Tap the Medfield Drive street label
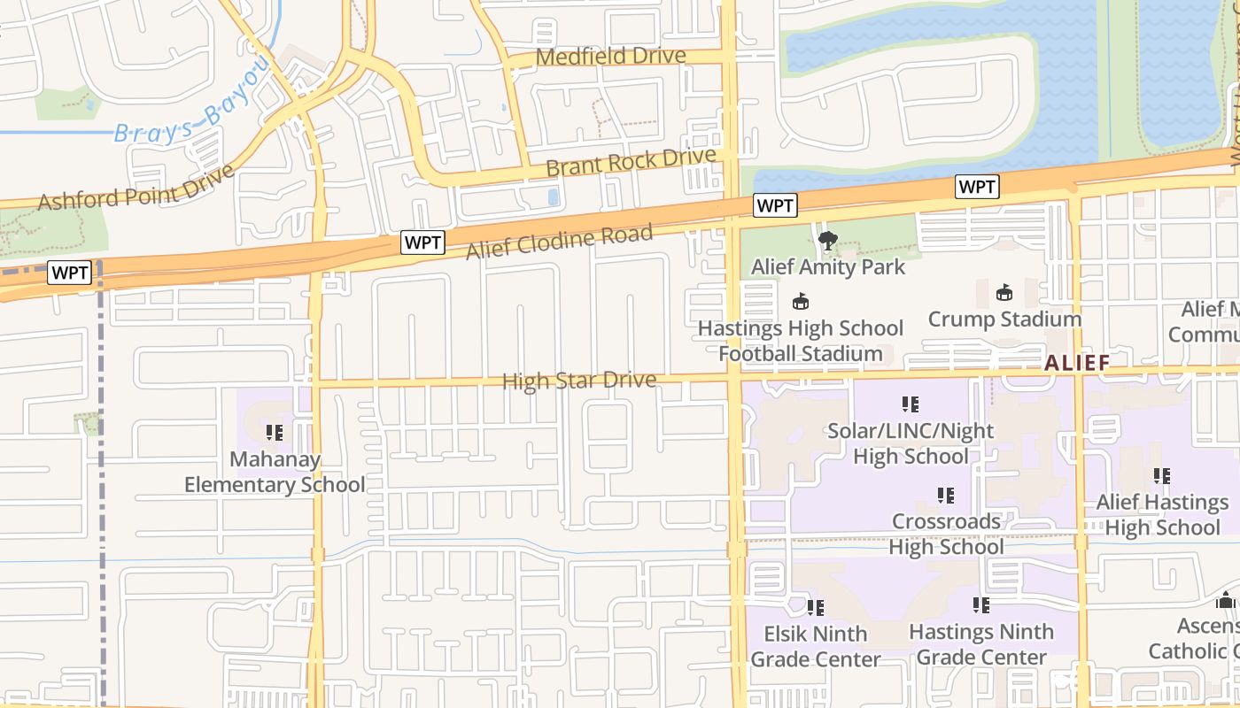[x=611, y=56]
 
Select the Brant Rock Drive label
[x=631, y=162]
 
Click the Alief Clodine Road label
[x=560, y=241]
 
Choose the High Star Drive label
[x=579, y=381]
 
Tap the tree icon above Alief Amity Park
[x=828, y=240]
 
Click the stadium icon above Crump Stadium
[x=1004, y=292]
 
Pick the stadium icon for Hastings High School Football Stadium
[x=801, y=302]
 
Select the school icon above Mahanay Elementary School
[x=275, y=433]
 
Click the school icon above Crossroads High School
[x=946, y=496]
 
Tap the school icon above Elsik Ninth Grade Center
[x=816, y=608]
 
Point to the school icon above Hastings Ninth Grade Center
[x=981, y=605]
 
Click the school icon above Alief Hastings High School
[x=1162, y=476]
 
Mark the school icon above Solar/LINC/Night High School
[x=911, y=404]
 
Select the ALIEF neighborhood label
[x=1076, y=363]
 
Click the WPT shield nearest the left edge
[x=70, y=273]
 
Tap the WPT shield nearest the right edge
[x=978, y=187]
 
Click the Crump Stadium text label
[x=1004, y=319]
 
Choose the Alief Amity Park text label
[x=828, y=266]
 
